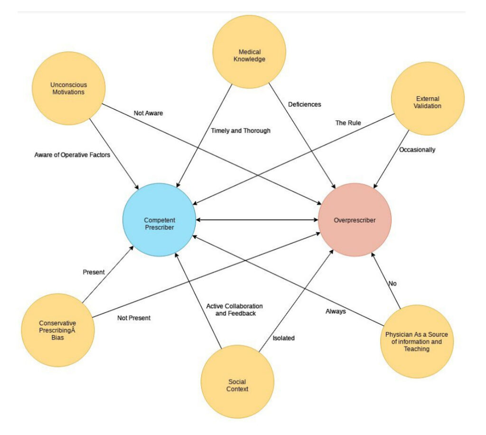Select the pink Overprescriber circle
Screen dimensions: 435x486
(x=355, y=220)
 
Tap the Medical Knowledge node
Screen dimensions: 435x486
(x=249, y=52)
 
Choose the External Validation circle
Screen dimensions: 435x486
(x=428, y=99)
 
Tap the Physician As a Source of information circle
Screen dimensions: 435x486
(x=417, y=341)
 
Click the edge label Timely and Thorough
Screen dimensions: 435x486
(x=241, y=130)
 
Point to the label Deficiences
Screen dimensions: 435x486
(x=304, y=104)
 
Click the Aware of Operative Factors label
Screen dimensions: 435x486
(x=72, y=154)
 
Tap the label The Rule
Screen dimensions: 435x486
(x=348, y=123)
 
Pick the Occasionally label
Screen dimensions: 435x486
(x=417, y=150)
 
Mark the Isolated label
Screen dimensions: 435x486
(x=283, y=338)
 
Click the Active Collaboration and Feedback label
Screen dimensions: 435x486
(x=234, y=310)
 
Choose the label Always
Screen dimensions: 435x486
(x=336, y=312)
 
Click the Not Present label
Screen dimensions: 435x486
(x=133, y=318)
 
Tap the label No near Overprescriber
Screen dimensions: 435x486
(x=393, y=284)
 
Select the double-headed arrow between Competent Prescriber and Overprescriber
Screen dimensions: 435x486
(x=257, y=220)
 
